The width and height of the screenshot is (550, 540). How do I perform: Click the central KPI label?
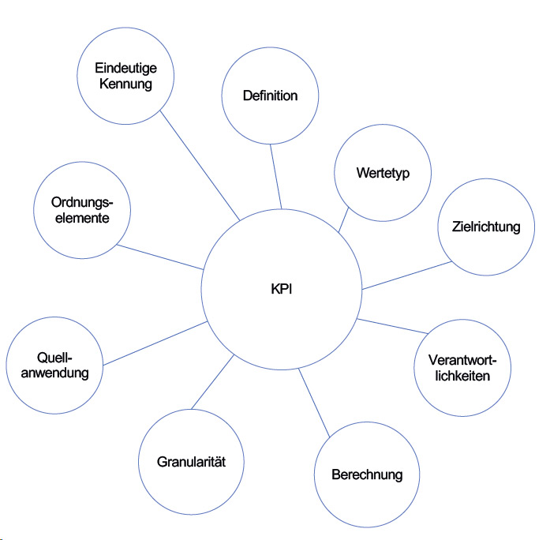click(x=281, y=289)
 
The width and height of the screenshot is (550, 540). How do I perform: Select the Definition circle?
click(x=270, y=96)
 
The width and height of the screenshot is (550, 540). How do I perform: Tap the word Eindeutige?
click(x=125, y=69)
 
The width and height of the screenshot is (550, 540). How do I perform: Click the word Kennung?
click(x=125, y=84)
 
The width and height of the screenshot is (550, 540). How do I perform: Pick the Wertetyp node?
click(x=383, y=173)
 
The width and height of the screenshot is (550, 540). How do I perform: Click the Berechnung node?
click(x=366, y=474)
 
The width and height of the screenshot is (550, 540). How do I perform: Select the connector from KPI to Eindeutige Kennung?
click(x=200, y=165)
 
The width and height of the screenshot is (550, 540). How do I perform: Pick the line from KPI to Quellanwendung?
click(x=155, y=343)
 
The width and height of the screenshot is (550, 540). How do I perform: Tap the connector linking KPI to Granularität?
click(x=212, y=383)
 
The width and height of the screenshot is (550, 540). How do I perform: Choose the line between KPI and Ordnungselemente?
click(x=159, y=257)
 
